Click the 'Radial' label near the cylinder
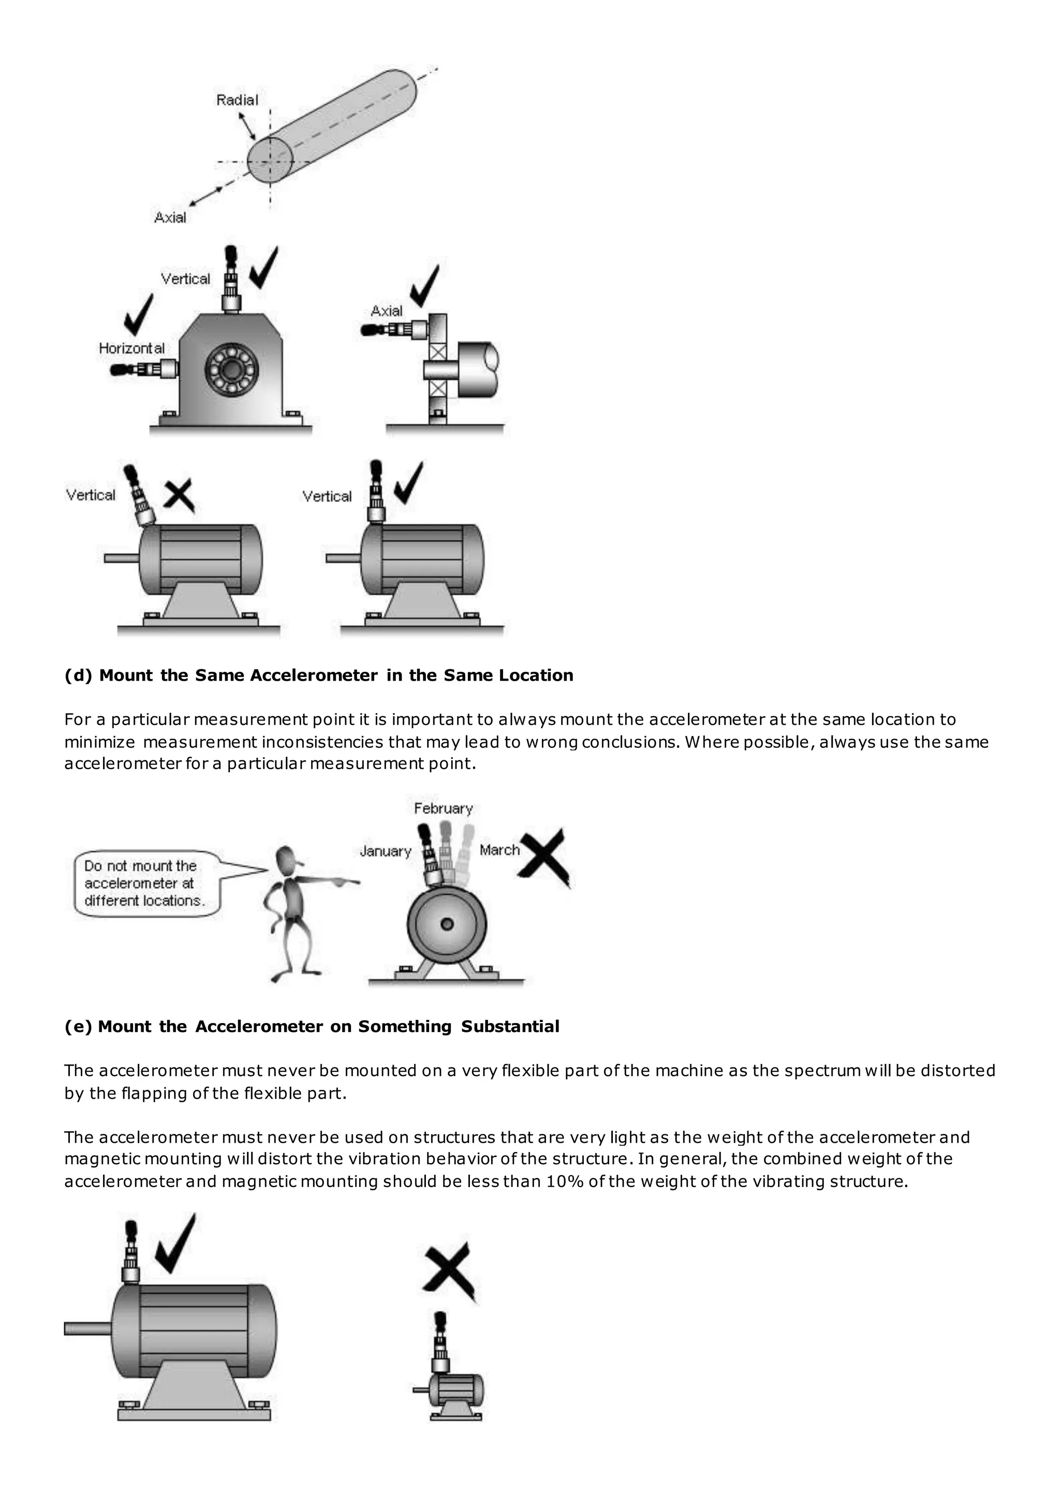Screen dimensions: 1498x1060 click(237, 100)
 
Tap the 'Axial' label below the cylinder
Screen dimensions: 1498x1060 click(170, 217)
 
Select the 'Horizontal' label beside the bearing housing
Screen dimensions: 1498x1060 click(132, 349)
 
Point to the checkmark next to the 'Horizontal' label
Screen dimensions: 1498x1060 click(138, 315)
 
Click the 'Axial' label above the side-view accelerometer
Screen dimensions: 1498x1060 click(387, 311)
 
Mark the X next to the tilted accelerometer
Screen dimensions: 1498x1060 click(178, 496)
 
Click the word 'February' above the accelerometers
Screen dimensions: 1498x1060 click(443, 808)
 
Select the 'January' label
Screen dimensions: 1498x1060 click(386, 851)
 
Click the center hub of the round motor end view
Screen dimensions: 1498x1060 click(447, 924)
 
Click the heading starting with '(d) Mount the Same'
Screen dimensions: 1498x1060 click(318, 675)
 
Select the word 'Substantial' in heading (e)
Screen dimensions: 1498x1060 click(510, 1027)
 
